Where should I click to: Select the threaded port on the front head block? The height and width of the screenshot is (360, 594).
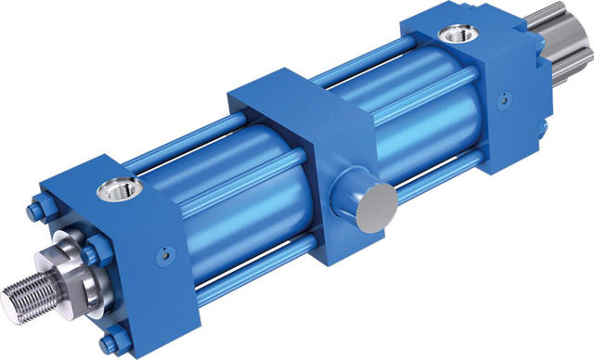tap(121, 189)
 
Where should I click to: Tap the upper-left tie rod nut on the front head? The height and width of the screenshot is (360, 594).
tap(34, 212)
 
